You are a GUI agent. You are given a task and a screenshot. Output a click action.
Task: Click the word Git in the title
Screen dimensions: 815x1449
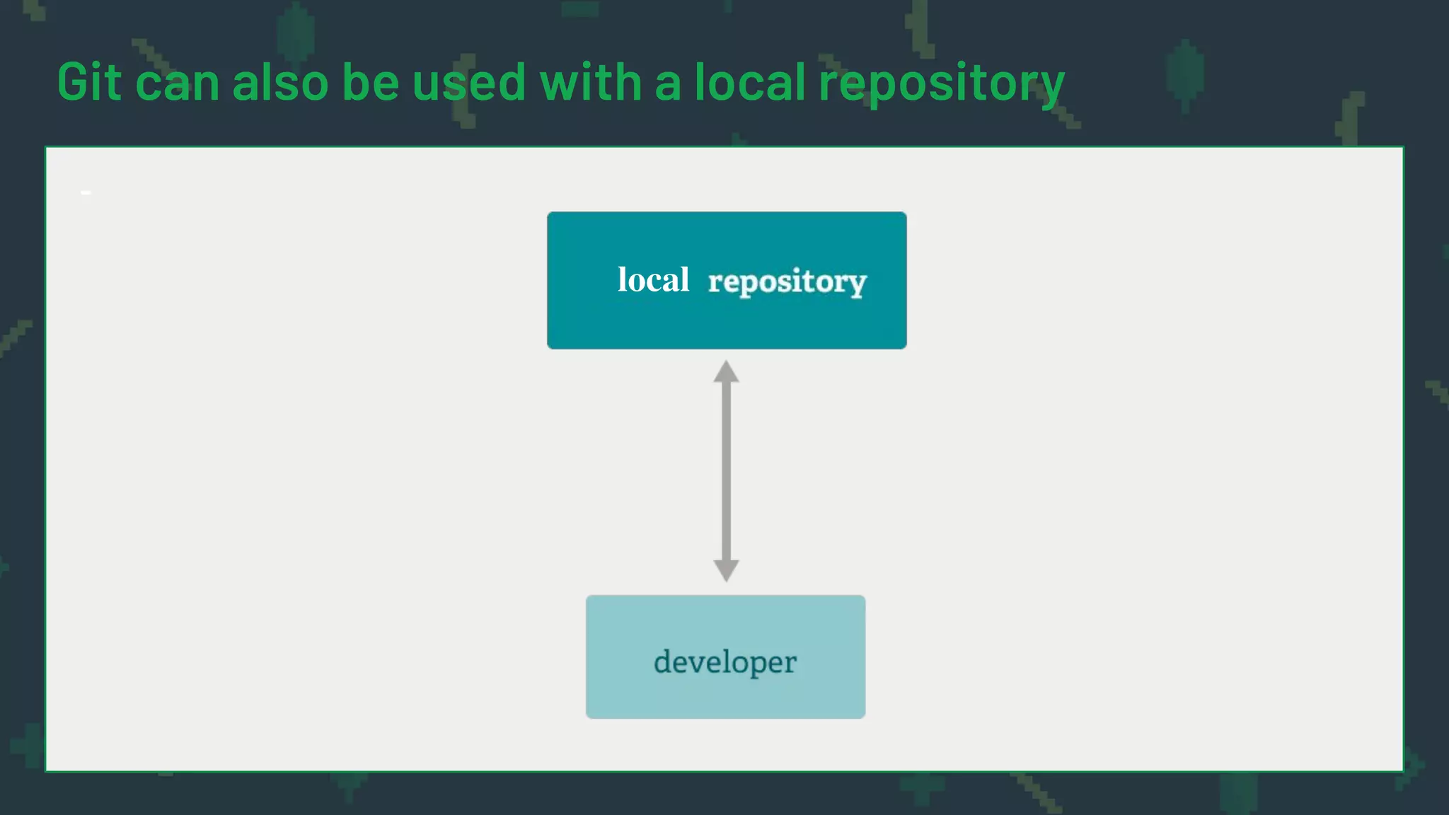point(90,82)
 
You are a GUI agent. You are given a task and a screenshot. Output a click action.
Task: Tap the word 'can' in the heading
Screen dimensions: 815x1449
point(177,83)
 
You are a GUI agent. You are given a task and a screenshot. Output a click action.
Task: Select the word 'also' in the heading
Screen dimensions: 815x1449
point(280,82)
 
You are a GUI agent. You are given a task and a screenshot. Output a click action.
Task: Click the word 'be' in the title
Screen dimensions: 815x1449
point(371,82)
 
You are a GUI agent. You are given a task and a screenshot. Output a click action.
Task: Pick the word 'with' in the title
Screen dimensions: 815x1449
point(591,82)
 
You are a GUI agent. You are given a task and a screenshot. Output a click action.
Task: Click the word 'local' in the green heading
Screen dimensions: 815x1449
point(749,82)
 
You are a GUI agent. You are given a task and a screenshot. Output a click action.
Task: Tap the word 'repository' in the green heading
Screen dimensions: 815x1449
point(941,85)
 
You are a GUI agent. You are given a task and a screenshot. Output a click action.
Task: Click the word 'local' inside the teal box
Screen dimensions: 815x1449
point(653,279)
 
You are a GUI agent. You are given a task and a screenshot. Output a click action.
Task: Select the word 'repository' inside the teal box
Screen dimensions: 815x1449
point(787,282)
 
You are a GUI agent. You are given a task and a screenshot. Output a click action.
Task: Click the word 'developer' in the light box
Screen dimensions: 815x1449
point(725,662)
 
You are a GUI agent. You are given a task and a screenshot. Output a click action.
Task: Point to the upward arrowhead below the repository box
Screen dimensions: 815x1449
point(726,371)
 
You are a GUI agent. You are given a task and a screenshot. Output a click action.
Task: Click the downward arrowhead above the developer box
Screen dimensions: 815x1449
point(726,570)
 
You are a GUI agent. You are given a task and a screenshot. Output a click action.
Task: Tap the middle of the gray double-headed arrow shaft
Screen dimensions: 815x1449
point(726,470)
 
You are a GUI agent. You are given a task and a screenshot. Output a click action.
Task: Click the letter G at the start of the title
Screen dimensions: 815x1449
point(74,82)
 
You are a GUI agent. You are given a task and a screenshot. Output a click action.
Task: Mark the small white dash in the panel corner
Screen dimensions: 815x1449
point(86,192)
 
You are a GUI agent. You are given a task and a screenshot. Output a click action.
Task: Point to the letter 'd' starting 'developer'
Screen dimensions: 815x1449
point(664,661)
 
